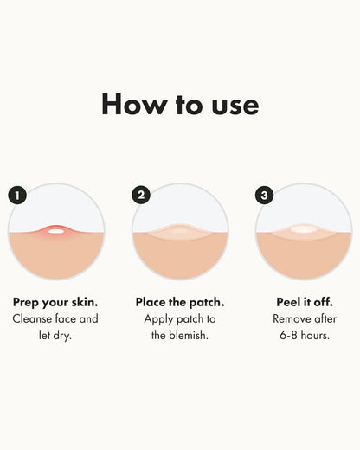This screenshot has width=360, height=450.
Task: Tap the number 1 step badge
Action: pos(17,195)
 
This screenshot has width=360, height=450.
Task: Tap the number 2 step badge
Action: pos(141,195)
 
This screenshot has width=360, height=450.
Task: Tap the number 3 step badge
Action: pos(265,195)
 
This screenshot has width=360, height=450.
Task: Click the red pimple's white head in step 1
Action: pos(56,230)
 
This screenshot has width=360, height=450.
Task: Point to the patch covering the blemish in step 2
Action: pos(180,231)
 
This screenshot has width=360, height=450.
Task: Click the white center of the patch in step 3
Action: pos(304,230)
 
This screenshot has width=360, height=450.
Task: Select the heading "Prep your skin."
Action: pos(55,302)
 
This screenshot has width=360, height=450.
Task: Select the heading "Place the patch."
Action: pos(180,302)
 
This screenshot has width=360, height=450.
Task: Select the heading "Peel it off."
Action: pos(304,302)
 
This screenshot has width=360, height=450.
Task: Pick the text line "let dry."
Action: pos(55,335)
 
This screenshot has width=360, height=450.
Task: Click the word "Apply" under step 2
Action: pos(161,318)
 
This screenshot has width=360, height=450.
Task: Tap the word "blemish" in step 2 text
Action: pos(190,335)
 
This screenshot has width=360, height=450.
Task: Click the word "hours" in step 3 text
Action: pos(316,335)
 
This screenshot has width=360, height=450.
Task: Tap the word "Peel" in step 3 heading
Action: pos(287,302)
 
